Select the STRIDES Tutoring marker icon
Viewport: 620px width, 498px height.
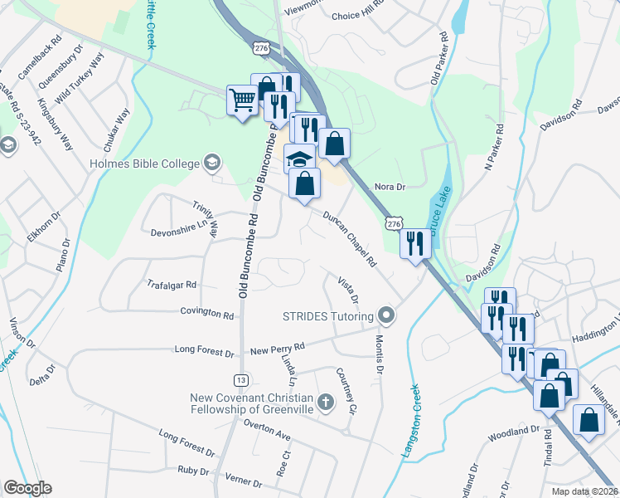[385, 315]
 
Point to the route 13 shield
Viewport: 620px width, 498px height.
[241, 379]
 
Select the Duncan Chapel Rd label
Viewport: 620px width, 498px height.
[348, 238]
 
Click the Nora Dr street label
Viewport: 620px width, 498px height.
[390, 188]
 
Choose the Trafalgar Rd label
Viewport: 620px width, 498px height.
[171, 284]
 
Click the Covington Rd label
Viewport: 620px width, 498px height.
[207, 314]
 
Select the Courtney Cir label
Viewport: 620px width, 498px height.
[346, 391]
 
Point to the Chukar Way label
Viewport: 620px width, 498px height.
[117, 129]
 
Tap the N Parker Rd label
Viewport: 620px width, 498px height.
[494, 148]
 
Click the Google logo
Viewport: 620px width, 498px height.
[27, 488]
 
